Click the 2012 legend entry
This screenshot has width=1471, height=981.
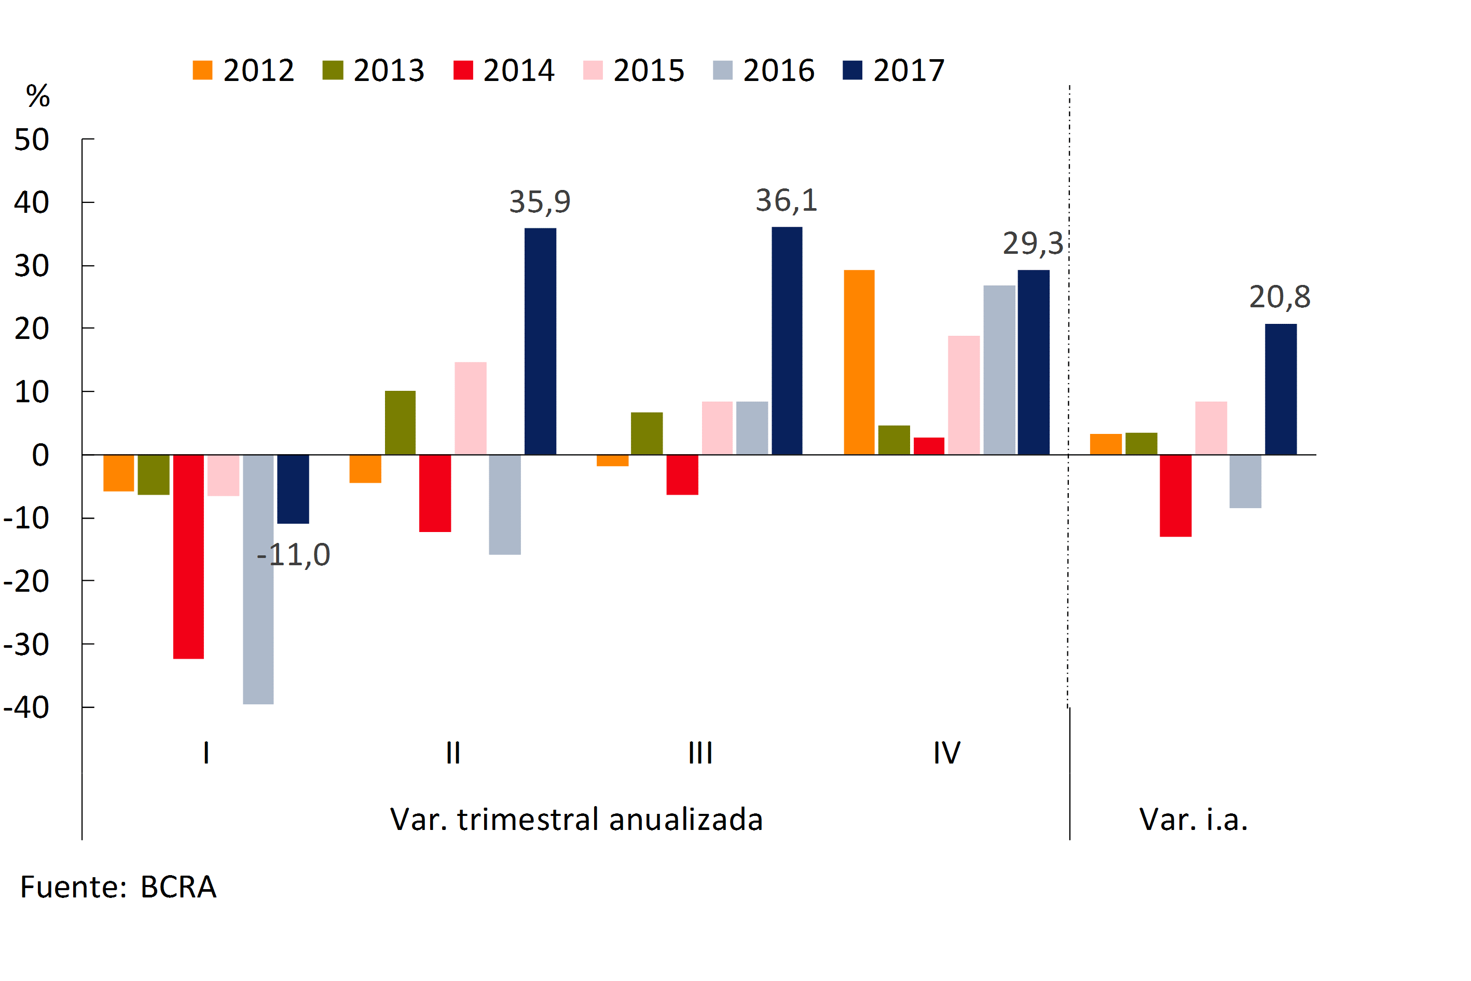tap(244, 70)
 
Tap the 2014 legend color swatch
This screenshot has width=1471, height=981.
tap(463, 70)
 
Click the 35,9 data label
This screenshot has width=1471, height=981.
tap(540, 201)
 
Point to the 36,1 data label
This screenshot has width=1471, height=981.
tap(786, 200)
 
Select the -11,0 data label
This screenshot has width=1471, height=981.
tap(293, 554)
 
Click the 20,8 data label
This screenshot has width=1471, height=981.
tap(1280, 296)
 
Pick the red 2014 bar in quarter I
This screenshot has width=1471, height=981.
tap(188, 556)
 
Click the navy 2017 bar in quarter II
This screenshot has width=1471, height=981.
tap(540, 341)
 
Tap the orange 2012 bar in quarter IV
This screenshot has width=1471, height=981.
tap(859, 362)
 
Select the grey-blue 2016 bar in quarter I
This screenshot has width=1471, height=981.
tap(258, 579)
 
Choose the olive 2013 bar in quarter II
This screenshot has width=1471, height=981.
tap(400, 423)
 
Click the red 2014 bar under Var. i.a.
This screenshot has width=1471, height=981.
tap(1175, 496)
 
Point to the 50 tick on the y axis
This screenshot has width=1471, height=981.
tap(32, 139)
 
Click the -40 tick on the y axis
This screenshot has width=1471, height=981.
tap(26, 707)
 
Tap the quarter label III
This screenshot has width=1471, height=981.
tap(700, 753)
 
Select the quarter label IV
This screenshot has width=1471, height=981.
tap(946, 753)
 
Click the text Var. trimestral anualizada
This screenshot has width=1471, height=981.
tap(576, 820)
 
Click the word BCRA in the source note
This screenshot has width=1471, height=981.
tap(178, 887)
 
